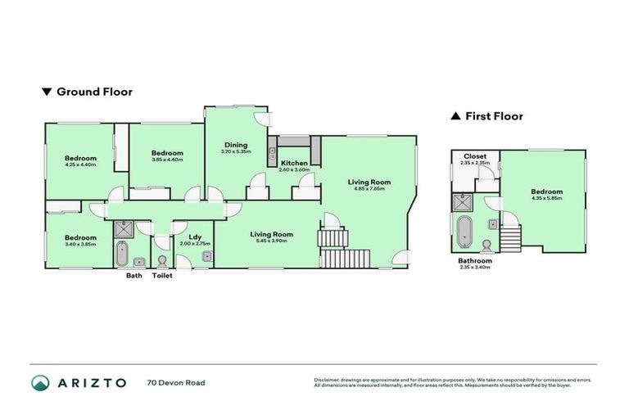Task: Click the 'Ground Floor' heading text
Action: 94,92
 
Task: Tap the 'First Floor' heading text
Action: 494,116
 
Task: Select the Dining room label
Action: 236,145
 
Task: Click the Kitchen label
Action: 293,163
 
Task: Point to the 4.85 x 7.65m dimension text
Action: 369,189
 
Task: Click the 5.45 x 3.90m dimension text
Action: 271,241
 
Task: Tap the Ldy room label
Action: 195,237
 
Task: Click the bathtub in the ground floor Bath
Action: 121,255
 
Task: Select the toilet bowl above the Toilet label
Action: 162,261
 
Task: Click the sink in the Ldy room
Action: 206,256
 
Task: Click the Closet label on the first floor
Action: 475,155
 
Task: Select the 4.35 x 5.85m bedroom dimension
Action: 546,197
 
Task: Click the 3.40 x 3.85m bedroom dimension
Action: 81,244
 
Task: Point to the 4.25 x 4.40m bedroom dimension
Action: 81,164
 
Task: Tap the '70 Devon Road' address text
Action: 176,382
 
